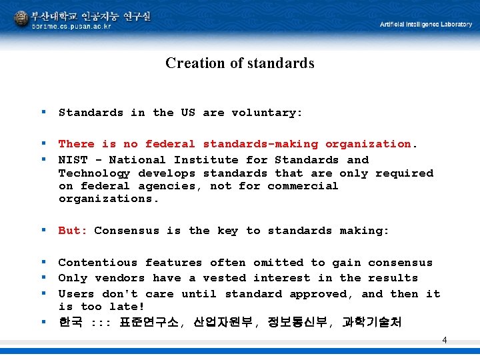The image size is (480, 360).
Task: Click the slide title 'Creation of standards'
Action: point(239,63)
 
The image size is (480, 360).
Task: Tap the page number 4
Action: point(445,341)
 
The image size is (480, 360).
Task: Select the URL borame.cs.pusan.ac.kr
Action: point(72,27)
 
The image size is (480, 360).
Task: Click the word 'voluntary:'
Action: point(267,113)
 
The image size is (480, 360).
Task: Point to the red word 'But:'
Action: point(73,231)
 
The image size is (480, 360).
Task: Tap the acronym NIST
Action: point(73,160)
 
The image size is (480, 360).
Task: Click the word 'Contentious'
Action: point(97,263)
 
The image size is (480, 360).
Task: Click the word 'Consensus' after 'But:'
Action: point(127,231)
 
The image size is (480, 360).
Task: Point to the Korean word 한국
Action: point(70,323)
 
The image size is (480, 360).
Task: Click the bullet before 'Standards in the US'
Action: point(43,113)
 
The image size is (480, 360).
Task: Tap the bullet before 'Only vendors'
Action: point(43,278)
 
